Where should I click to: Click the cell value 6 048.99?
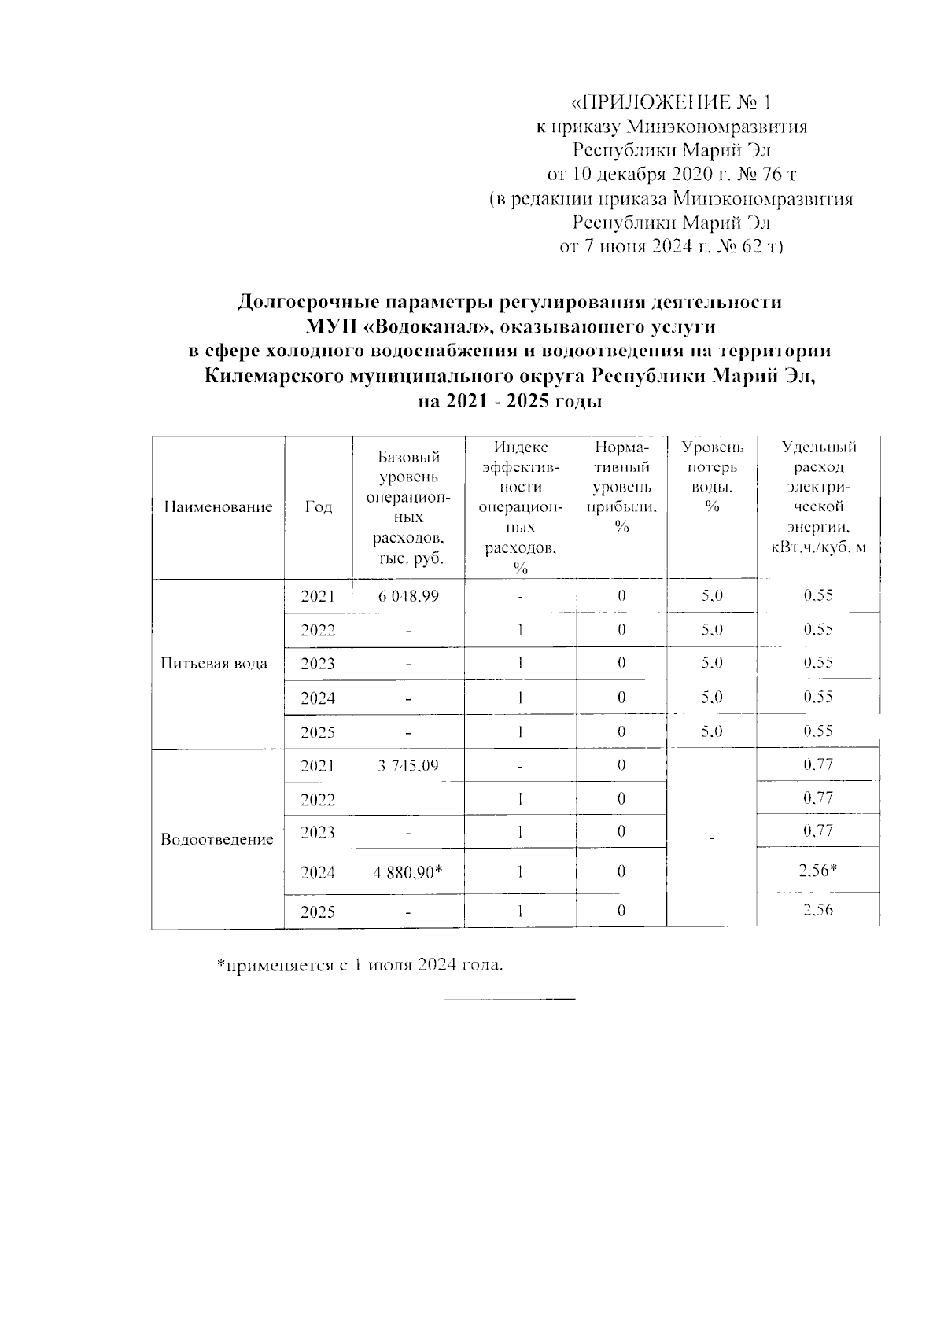click(408, 596)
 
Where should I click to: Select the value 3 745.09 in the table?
click(408, 764)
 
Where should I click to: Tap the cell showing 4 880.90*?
click(408, 872)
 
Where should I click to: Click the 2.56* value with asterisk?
click(818, 871)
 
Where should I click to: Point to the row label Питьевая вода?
click(214, 664)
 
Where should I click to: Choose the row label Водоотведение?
click(217, 840)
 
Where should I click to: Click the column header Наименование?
click(218, 507)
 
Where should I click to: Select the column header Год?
click(318, 507)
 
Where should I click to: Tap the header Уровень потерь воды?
click(712, 477)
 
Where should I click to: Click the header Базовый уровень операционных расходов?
click(408, 507)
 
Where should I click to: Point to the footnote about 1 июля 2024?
click(360, 965)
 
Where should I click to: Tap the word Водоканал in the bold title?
click(415, 326)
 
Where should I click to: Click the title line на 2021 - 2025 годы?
click(510, 402)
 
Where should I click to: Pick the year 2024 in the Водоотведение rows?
click(318, 872)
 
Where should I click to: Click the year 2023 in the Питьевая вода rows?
click(318, 664)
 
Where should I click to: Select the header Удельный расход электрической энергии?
click(818, 497)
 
